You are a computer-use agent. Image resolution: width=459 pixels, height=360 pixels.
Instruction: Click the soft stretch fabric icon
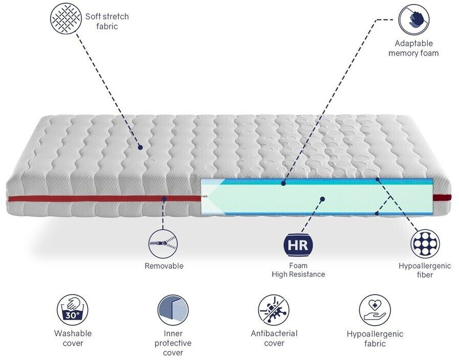[x=66, y=20]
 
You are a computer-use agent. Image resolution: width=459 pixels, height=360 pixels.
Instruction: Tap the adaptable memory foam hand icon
[x=414, y=20]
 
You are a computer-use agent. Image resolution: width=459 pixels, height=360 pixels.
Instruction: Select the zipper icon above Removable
[x=164, y=244]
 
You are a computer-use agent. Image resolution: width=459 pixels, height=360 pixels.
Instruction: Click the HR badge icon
[x=298, y=245]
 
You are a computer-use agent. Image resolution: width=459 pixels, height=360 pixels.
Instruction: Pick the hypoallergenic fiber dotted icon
[x=425, y=244]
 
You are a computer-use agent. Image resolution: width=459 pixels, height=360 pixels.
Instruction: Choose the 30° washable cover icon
[x=73, y=309]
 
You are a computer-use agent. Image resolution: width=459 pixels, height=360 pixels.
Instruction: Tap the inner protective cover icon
[x=173, y=309]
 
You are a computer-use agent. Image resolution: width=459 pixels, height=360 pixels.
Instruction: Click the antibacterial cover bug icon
[x=273, y=309]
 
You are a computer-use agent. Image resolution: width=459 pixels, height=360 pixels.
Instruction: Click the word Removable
[x=164, y=266]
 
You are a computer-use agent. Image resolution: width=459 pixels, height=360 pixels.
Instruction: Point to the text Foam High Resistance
[x=298, y=270]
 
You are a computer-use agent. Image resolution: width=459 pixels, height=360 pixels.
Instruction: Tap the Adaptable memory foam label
[x=414, y=48]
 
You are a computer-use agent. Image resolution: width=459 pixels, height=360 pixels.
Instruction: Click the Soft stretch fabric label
[x=107, y=21]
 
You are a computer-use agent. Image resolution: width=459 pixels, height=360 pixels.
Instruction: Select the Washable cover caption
[x=73, y=338]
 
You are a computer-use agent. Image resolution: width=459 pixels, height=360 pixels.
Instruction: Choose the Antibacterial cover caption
[x=274, y=338]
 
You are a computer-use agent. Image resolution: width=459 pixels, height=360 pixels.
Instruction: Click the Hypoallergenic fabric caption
[x=375, y=339]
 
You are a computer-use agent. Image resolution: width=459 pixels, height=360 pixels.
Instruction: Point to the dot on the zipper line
[x=164, y=198]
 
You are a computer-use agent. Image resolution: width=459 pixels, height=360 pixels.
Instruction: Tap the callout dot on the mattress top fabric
[x=140, y=147]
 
